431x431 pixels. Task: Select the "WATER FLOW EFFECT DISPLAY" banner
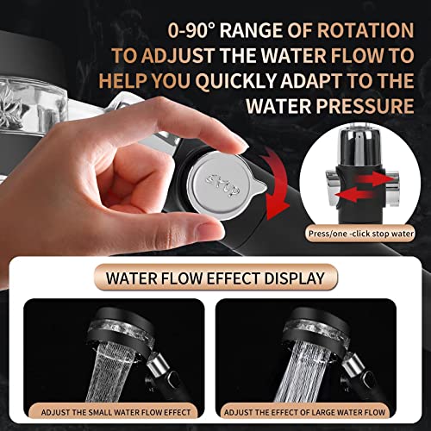[x=215, y=279]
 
